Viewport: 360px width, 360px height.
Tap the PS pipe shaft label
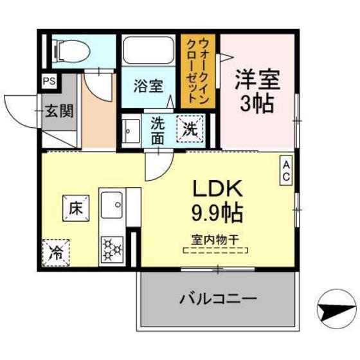pyautogui.click(x=49, y=81)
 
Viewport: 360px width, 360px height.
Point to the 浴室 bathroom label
pyautogui.click(x=147, y=85)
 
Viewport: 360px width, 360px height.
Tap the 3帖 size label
pyautogui.click(x=258, y=104)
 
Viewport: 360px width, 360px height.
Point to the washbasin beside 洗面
pyautogui.click(x=130, y=131)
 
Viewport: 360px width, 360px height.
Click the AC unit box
pyautogui.click(x=286, y=170)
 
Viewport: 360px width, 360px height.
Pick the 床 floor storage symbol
pyautogui.click(x=75, y=208)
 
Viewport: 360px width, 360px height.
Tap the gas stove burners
pyautogui.click(x=113, y=249)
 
